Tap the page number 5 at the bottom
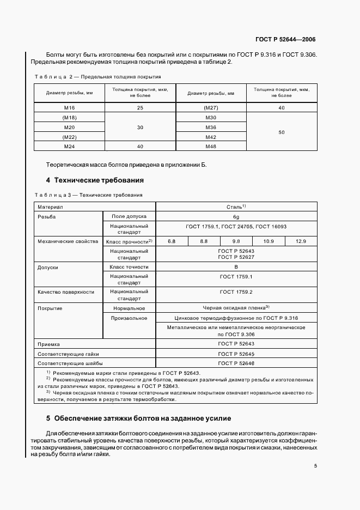(315, 465)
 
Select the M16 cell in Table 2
(69, 108)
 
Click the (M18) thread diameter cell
(69, 118)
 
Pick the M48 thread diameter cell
(211, 146)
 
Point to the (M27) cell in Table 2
(211, 108)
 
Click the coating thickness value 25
(140, 108)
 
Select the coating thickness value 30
(140, 127)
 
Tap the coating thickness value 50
(281, 132)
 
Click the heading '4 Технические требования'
(95, 180)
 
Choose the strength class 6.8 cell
(172, 241)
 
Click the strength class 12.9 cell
(301, 241)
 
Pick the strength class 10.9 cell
(269, 241)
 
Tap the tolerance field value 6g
(236, 216)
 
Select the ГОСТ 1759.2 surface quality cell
(236, 292)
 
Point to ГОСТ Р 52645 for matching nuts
(236, 354)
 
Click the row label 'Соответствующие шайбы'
(70, 363)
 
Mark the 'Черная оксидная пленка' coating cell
(236, 308)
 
